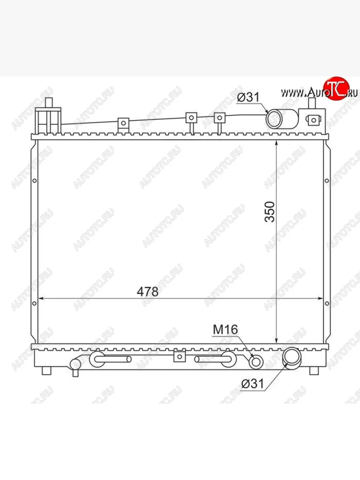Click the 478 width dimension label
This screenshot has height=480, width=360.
coord(148,292)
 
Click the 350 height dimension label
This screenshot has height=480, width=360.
coord(270,212)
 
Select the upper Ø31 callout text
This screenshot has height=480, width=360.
coord(248,97)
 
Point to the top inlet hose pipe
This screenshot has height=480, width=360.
coord(282,119)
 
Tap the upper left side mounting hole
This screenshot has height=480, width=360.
coord(34,181)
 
